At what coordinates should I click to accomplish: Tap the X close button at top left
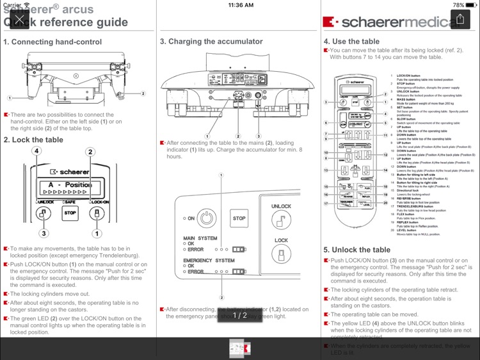tap(20, 20)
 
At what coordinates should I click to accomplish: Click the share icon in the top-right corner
tap(460, 20)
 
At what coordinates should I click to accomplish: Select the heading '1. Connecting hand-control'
tap(52, 42)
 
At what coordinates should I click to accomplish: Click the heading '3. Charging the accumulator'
tap(211, 42)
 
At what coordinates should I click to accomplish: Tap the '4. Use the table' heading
tap(351, 42)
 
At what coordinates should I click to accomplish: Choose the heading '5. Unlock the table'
tap(356, 250)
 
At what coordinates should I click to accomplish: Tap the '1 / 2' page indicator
tap(240, 315)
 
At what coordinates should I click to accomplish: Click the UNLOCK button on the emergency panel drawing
tap(281, 218)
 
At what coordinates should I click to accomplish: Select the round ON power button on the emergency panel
tap(205, 218)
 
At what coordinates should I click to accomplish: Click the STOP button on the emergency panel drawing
tap(239, 218)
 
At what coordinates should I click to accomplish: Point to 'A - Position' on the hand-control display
tap(70, 184)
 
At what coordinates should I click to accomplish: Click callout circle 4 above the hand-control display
tap(37, 152)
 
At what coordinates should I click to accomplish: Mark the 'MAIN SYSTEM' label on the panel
tap(200, 238)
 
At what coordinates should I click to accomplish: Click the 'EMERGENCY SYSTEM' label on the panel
tap(209, 261)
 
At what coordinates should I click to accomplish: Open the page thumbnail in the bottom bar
tap(240, 349)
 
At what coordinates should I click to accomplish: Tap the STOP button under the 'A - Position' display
tap(70, 213)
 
